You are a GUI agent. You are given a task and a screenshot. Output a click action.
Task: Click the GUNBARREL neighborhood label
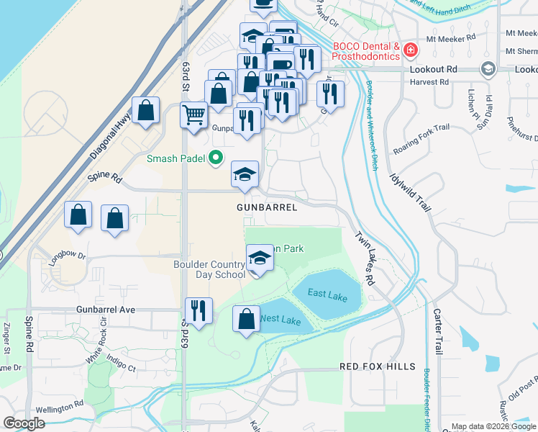click(267, 207)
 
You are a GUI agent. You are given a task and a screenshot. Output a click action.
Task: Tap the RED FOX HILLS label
click(378, 366)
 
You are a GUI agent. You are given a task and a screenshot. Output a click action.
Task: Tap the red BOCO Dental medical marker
click(410, 50)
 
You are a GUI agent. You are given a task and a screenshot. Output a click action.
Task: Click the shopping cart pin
click(193, 114)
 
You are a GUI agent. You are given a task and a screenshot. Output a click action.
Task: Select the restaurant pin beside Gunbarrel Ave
click(199, 310)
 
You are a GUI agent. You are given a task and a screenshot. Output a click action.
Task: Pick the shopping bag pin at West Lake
click(247, 319)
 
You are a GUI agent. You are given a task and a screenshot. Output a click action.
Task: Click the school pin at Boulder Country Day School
click(260, 258)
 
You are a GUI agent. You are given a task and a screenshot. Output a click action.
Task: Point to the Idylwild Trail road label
click(410, 190)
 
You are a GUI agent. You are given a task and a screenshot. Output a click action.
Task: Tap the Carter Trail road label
click(437, 331)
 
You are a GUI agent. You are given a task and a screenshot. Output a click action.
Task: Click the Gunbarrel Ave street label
click(106, 309)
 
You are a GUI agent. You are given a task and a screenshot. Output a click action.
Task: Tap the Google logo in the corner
click(24, 423)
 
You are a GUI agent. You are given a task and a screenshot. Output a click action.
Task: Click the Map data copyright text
click(493, 426)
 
